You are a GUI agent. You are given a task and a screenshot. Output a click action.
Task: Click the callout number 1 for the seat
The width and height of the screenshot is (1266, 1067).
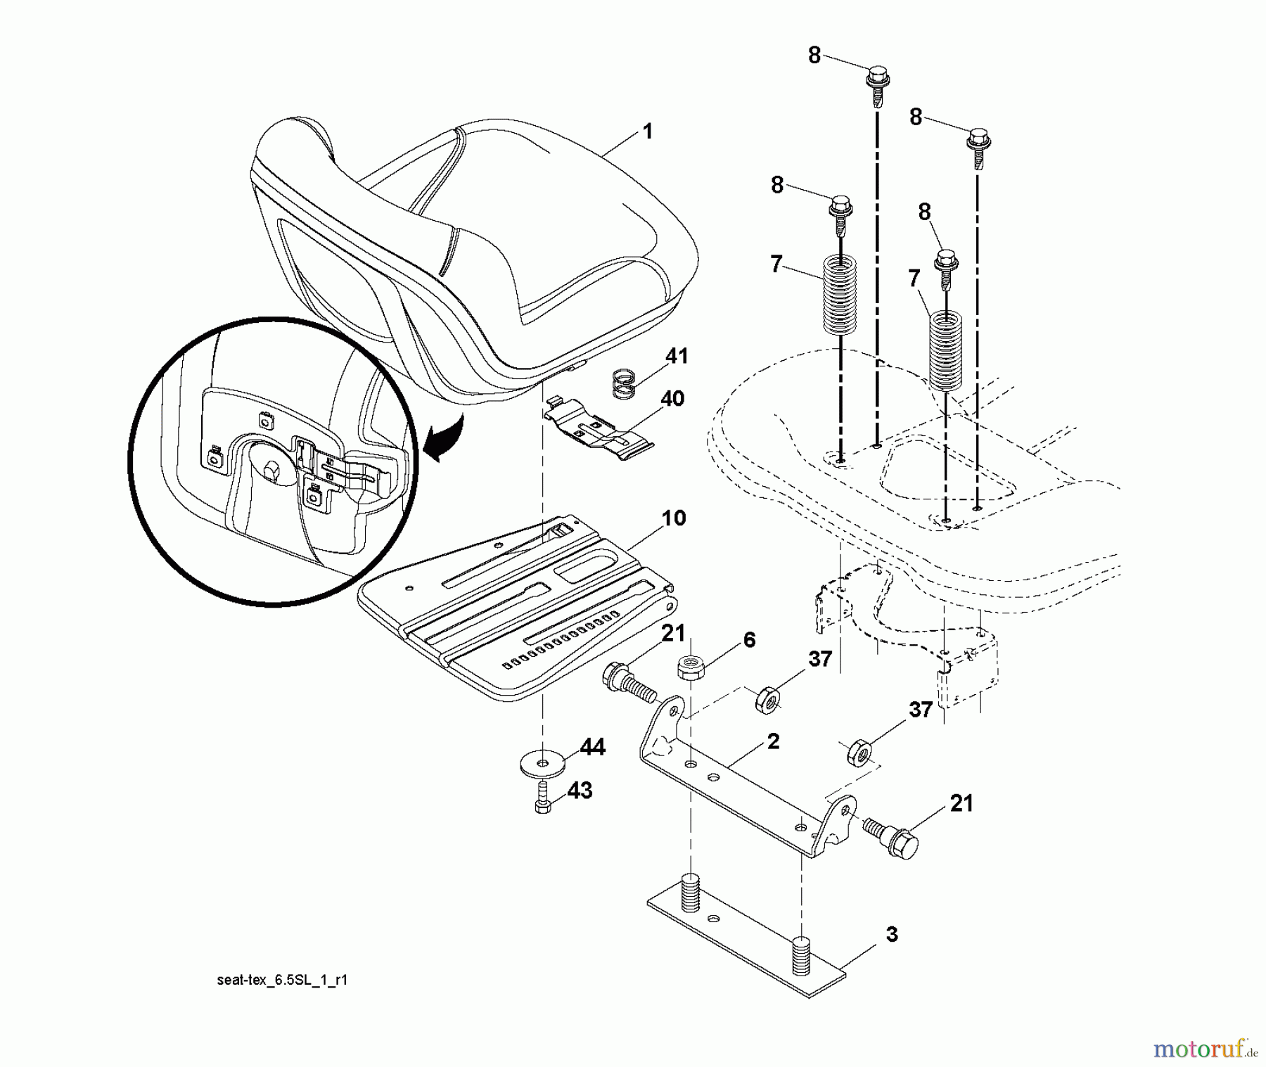648,132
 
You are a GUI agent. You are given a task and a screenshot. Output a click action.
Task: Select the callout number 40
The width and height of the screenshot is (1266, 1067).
672,399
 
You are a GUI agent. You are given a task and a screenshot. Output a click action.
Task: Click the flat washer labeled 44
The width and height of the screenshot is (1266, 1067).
543,763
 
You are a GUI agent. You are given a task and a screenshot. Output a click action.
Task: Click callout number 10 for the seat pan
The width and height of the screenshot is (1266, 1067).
673,518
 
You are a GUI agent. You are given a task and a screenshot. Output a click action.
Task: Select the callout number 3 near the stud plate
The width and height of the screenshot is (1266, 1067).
892,935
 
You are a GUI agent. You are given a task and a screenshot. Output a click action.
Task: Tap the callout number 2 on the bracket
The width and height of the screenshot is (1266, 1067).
773,741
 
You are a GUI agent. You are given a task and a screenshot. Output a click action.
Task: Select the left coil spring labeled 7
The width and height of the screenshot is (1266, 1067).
840,294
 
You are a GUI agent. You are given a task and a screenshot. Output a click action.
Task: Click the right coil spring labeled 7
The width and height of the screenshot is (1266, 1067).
947,352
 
